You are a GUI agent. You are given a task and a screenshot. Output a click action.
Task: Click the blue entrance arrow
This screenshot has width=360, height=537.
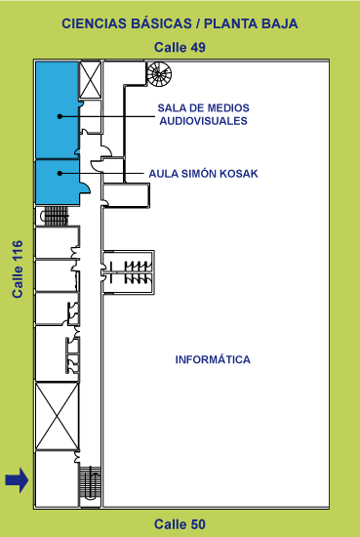click(17, 480)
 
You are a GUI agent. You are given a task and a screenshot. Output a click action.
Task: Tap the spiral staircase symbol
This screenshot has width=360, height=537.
click(159, 73)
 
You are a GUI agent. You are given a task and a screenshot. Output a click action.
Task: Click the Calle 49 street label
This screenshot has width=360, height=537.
click(180, 47)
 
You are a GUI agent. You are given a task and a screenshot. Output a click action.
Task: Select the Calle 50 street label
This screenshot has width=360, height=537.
click(180, 524)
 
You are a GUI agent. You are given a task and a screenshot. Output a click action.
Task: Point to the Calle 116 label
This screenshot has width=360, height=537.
click(18, 269)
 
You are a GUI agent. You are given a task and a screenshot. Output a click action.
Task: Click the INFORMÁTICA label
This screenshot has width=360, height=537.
click(213, 359)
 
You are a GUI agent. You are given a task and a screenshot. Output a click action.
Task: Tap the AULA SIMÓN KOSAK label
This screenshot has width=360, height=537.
click(203, 174)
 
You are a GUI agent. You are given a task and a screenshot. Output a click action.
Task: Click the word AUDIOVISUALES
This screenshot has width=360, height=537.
click(203, 121)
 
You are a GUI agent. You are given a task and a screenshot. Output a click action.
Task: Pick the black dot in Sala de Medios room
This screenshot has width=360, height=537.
click(60, 116)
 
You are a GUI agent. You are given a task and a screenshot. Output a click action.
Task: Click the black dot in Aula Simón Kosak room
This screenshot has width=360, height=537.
click(60, 173)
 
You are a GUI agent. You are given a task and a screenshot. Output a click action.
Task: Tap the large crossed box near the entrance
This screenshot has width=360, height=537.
click(58, 416)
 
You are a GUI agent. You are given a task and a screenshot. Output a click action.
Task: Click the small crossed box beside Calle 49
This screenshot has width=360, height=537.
click(91, 80)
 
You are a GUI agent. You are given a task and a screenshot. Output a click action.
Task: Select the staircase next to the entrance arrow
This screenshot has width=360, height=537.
click(90, 483)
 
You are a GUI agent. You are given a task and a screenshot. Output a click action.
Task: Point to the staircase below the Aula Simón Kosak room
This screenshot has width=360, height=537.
click(55, 216)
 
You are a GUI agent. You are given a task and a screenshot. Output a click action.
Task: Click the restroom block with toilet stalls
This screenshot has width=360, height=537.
click(129, 272)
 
